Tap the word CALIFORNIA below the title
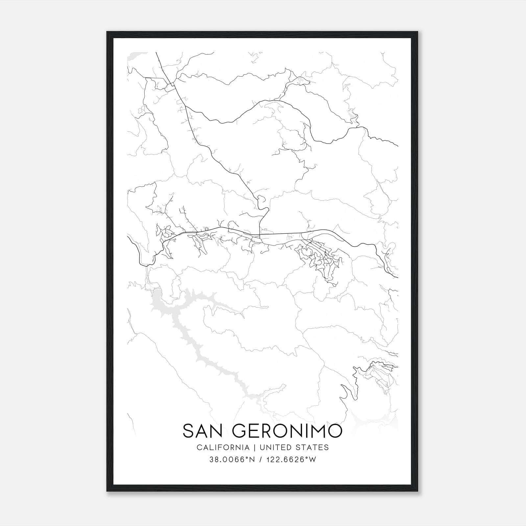coord(223,447)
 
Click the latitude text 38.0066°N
coord(232,460)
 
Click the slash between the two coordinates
coord(260,460)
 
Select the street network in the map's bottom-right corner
coord(378,375)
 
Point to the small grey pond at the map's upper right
coord(353,115)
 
